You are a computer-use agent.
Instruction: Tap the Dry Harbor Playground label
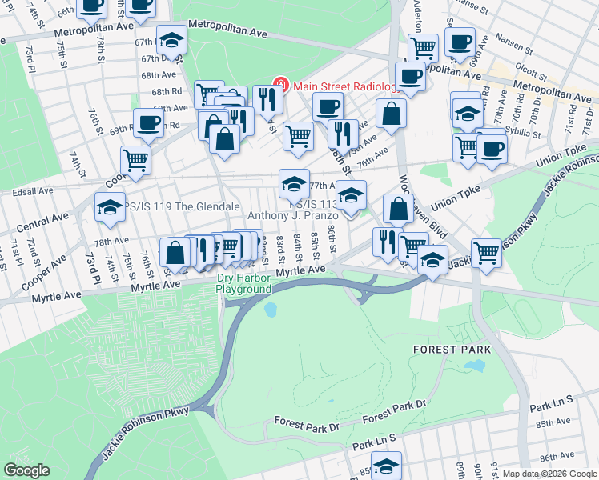pos(244,284)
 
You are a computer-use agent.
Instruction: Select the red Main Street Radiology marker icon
pos(280,85)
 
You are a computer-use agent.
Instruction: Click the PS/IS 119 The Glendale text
pos(172,205)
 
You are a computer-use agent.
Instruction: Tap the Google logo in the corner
pos(26,470)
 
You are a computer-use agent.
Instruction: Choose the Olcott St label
pos(532,70)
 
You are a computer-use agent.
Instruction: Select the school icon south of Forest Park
pos(387,466)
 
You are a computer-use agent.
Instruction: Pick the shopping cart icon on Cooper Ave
pos(135,159)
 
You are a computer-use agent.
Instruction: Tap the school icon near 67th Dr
pos(170,40)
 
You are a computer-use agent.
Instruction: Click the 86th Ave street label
pos(556,457)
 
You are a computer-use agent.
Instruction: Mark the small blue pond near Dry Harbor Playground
pos(270,309)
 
